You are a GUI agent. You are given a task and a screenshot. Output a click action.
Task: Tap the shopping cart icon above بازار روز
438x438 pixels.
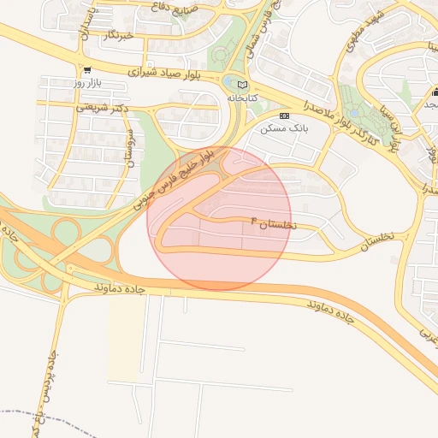87,69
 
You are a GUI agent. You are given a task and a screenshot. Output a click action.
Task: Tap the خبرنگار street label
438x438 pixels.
117,36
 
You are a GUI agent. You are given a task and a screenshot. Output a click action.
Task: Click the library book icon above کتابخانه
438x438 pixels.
242,85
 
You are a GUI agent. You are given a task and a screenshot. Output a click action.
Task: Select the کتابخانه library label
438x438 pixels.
242,98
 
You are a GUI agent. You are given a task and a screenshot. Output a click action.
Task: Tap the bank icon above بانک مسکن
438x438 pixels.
285,115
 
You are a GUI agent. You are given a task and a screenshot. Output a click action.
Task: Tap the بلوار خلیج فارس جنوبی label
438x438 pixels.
180,180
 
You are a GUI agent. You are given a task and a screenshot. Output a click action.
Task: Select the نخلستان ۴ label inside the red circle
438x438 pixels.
272,223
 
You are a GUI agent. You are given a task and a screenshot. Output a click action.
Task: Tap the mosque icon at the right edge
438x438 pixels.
435,92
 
